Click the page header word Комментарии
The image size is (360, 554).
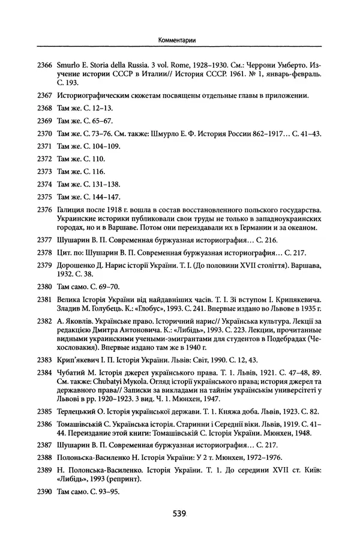click(x=179, y=40)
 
